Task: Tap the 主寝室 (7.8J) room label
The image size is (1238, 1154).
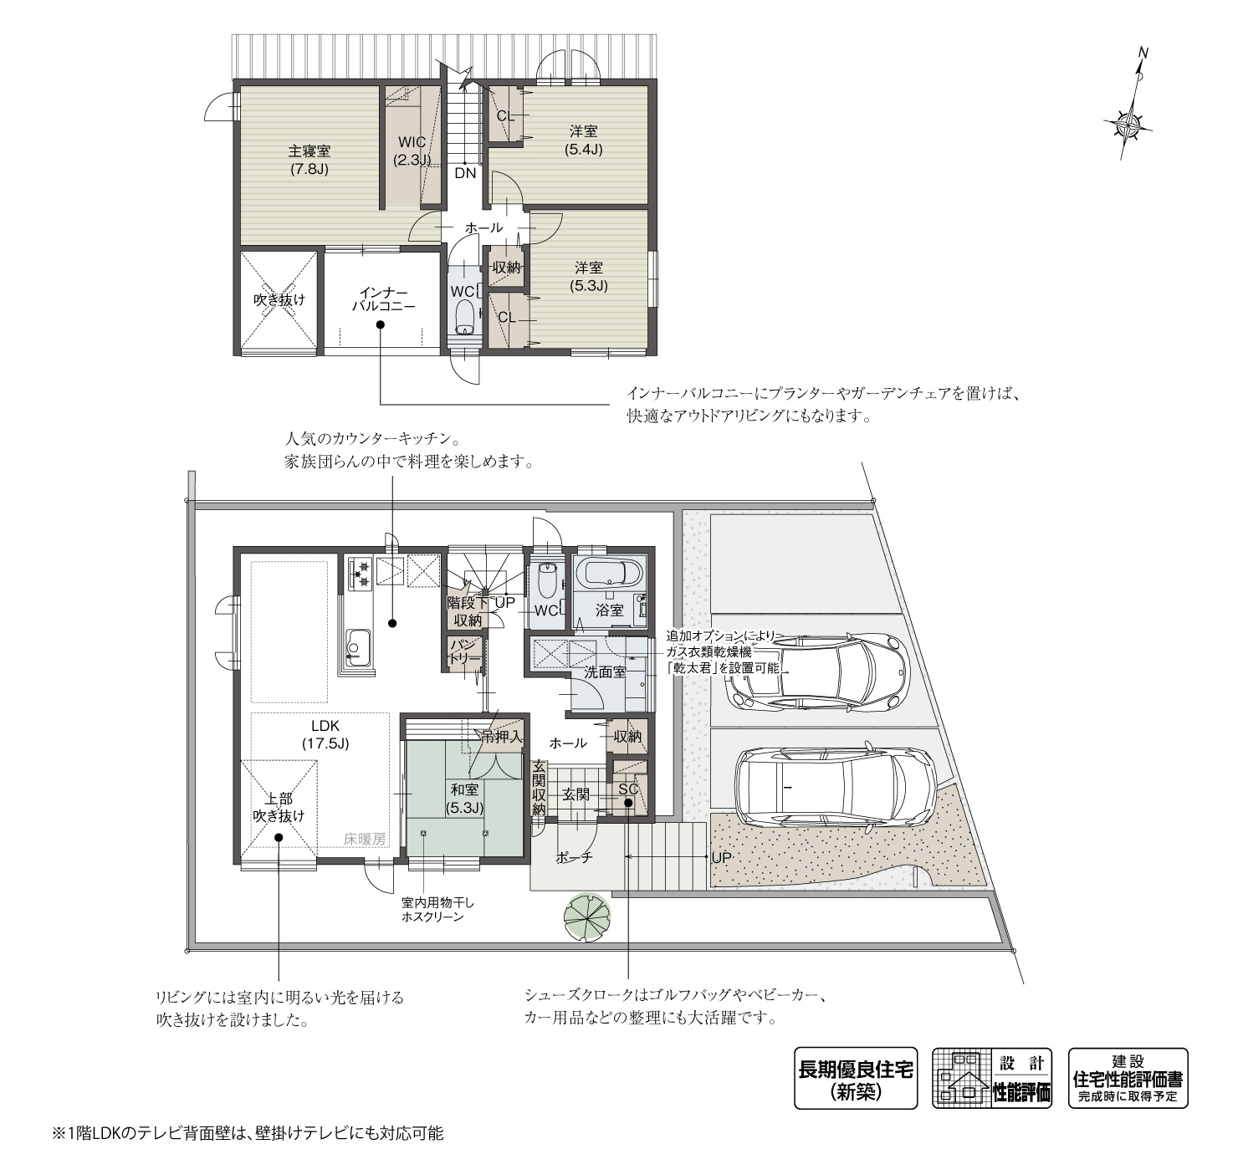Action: point(309,160)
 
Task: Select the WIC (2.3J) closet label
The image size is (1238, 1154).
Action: point(412,151)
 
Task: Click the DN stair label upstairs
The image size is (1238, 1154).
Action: point(465,174)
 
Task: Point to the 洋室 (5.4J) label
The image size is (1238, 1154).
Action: point(584,140)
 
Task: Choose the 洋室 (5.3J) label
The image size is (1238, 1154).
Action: point(588,276)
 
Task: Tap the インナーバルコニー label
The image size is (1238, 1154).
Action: point(383,299)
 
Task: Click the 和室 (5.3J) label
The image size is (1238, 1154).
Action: point(465,798)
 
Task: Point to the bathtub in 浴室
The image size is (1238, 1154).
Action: point(611,574)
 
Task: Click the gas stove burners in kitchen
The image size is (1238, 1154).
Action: point(363,572)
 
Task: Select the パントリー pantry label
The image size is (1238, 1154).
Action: point(463,651)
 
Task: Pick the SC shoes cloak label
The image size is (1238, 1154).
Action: point(628,789)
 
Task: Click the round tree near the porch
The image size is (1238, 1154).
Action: point(587,917)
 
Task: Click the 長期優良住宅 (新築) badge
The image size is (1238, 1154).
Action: point(855,1079)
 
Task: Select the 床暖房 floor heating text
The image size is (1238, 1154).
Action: point(365,839)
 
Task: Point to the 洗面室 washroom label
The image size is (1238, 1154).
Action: point(605,671)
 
